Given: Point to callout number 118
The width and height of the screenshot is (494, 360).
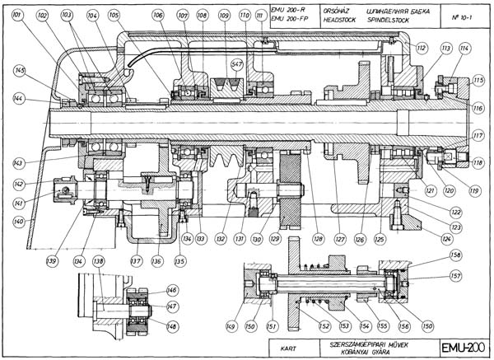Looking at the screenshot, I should (x=478, y=163).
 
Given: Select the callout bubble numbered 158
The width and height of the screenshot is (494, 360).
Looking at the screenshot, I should (x=454, y=255).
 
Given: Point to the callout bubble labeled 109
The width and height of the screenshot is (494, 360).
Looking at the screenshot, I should (x=225, y=16).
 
